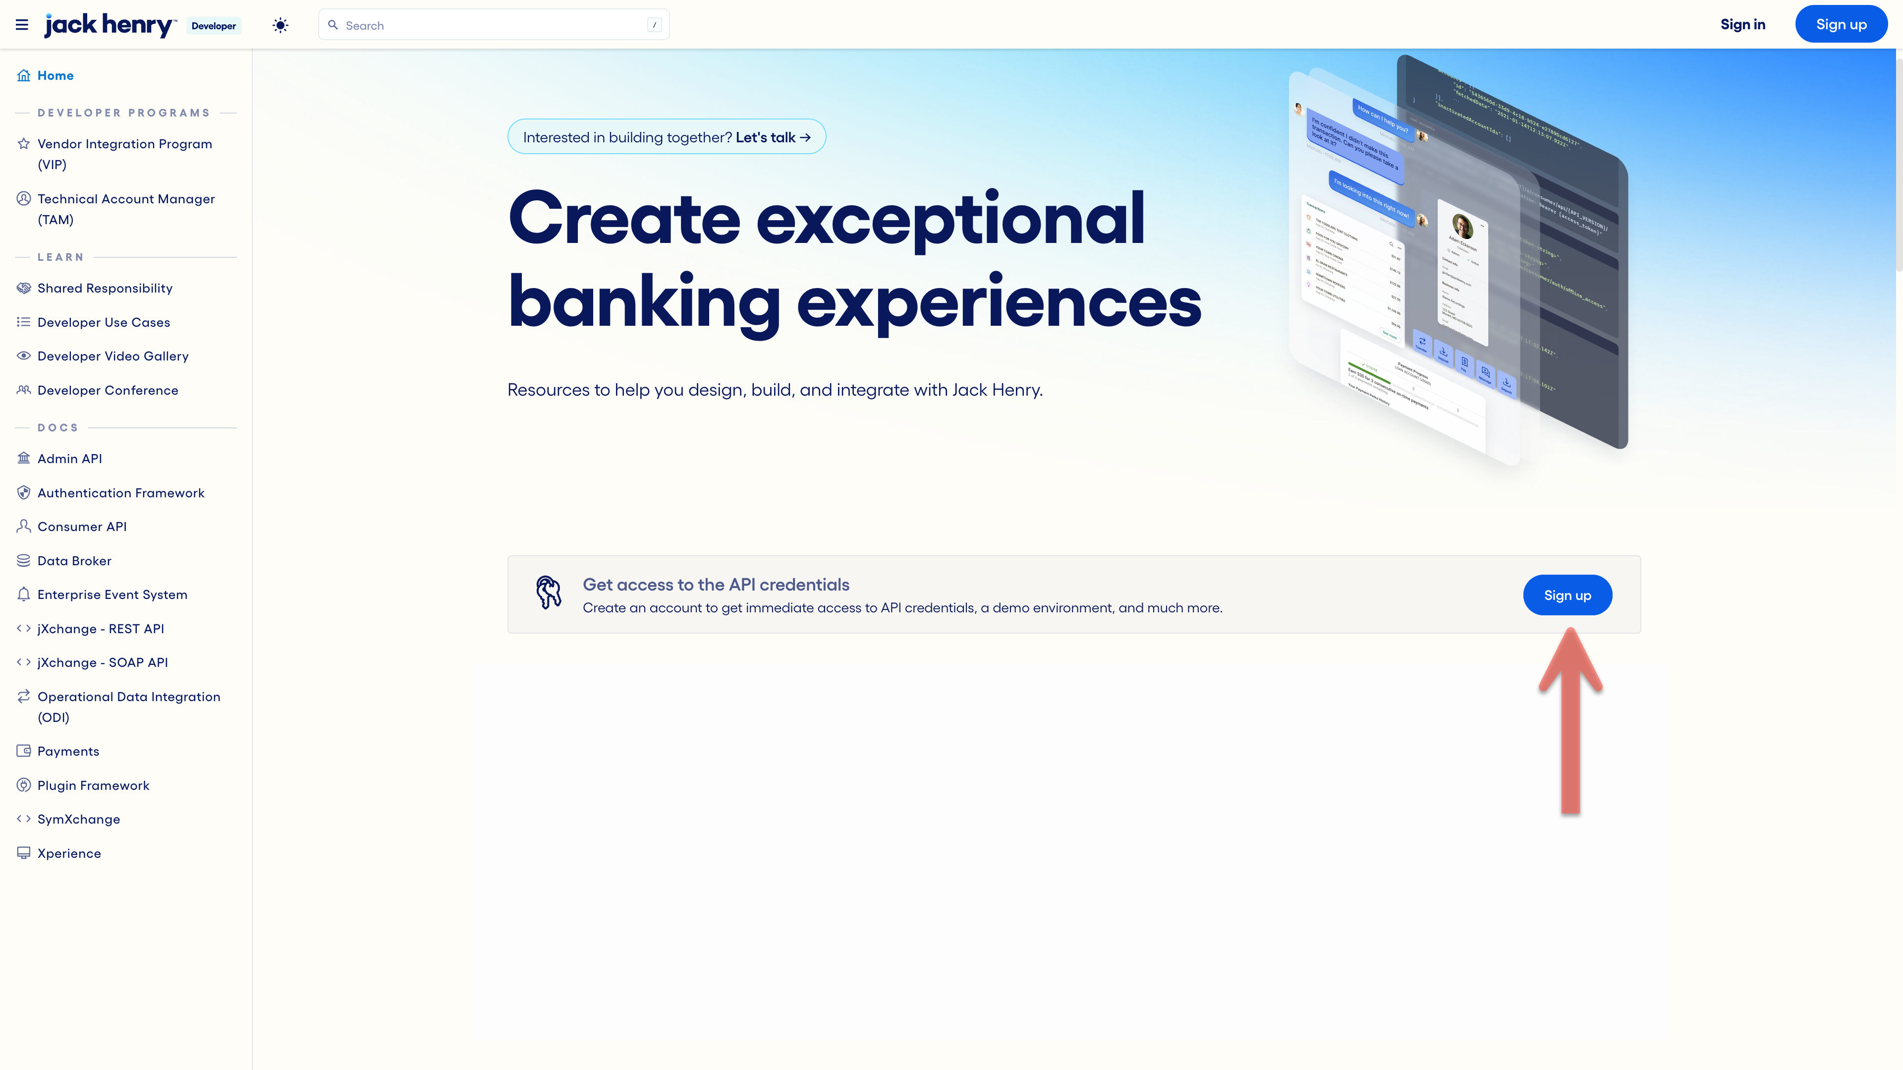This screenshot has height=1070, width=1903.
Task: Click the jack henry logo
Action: coord(110,25)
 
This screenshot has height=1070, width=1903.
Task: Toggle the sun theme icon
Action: coord(280,25)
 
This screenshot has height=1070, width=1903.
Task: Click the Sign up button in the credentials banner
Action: coord(1567,595)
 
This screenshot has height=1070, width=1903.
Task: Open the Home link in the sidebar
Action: coord(56,75)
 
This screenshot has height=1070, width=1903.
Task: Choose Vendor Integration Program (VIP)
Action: coord(124,154)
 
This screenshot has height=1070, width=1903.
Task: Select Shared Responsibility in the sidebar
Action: coord(105,288)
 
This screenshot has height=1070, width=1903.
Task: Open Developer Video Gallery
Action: coord(113,356)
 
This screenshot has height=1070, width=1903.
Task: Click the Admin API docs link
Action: coord(69,459)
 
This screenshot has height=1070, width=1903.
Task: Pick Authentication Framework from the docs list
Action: coord(121,493)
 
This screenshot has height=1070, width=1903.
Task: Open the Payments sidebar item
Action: coord(68,752)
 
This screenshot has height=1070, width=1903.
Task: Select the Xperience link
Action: coord(69,853)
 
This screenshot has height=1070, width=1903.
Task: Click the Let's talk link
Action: coord(773,137)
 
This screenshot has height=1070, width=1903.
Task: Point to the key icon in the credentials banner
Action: coord(548,593)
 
